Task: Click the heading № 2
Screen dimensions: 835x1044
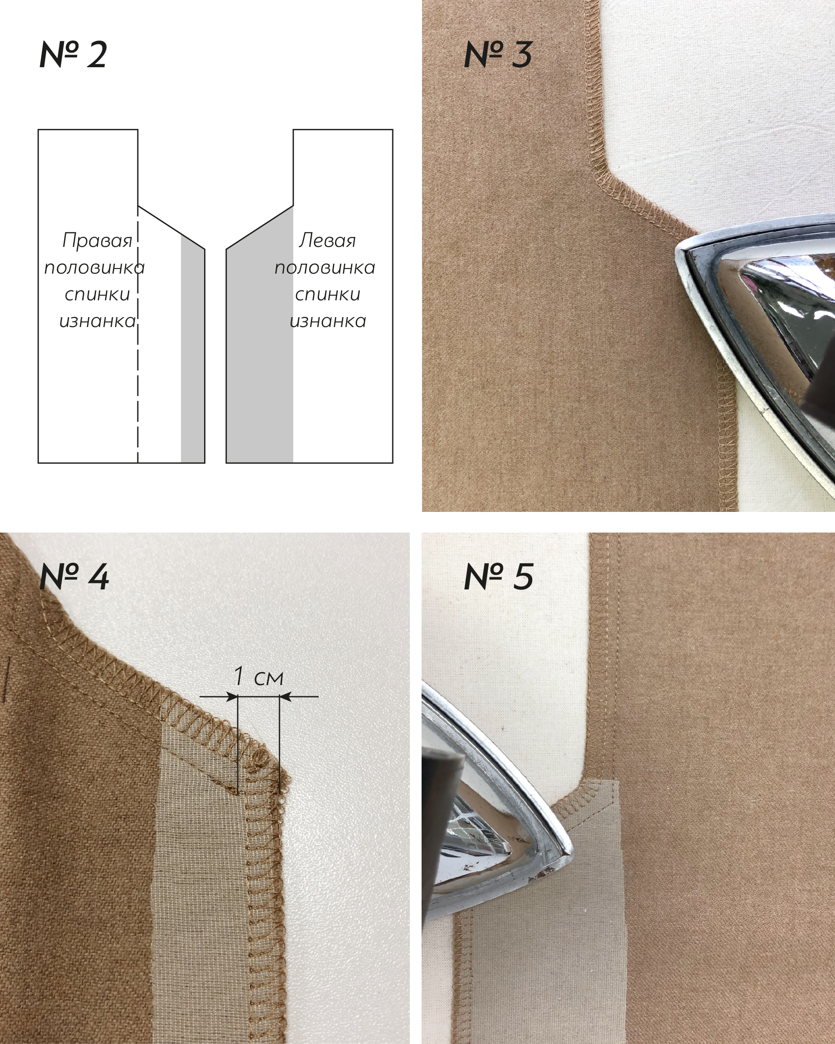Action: [73, 54]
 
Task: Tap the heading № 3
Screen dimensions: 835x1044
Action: [498, 54]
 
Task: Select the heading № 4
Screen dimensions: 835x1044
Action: [74, 576]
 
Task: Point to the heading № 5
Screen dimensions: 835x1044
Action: [499, 576]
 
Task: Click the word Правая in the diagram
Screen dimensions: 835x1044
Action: [97, 241]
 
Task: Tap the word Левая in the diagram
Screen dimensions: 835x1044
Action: [327, 241]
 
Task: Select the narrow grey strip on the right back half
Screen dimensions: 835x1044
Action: [192, 349]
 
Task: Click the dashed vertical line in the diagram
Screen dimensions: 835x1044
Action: [138, 334]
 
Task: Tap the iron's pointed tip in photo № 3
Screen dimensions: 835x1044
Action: [677, 251]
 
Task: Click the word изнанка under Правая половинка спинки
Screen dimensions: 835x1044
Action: [97, 321]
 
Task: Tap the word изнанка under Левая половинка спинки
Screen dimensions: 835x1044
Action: [328, 321]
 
